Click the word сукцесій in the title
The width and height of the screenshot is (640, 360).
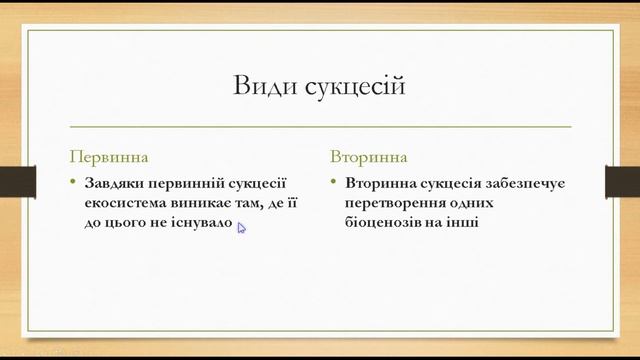pyautogui.click(x=354, y=87)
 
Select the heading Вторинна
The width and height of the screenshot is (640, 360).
pyautogui.click(x=370, y=157)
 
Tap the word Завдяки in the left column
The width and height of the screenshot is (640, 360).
pyautogui.click(x=116, y=184)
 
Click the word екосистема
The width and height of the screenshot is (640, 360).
pyautogui.click(x=125, y=203)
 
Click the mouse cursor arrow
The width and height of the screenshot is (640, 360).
pyautogui.click(x=241, y=228)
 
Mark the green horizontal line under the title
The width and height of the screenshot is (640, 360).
pyautogui.click(x=320, y=127)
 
